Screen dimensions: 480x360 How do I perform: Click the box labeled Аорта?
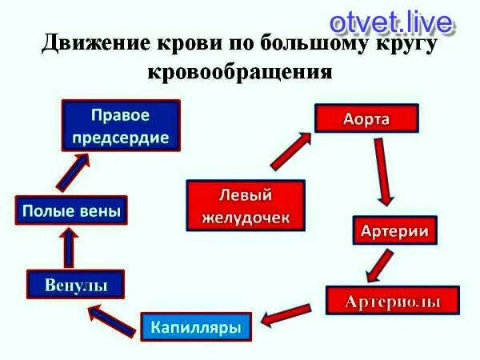pyautogui.click(x=366, y=118)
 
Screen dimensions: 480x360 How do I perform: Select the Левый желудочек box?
pyautogui.click(x=246, y=204)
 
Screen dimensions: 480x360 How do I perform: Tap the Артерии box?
pyautogui.click(x=395, y=232)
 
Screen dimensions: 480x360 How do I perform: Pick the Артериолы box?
pyautogui.click(x=392, y=301)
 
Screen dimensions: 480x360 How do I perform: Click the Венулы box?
pyautogui.click(x=78, y=284)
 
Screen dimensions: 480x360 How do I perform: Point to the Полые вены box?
pyautogui.click(x=72, y=211)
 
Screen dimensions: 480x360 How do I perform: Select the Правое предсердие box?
pyautogui.click(x=121, y=125)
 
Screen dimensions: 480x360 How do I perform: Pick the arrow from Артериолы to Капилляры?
pyautogui.click(x=286, y=314)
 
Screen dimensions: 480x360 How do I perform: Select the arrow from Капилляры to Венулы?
pyautogui.click(x=111, y=318)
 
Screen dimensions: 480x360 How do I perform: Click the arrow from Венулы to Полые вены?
pyautogui.click(x=70, y=248)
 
